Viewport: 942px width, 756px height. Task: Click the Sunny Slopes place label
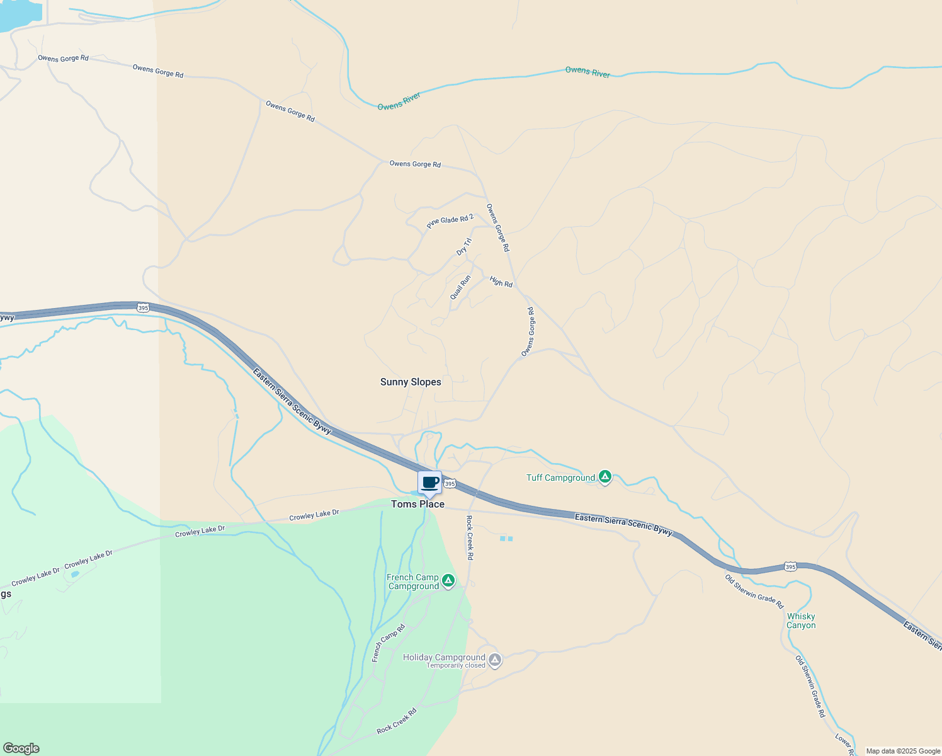tap(411, 382)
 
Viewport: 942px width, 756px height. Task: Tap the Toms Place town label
tap(417, 504)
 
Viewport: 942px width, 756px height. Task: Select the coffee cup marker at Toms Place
tap(430, 483)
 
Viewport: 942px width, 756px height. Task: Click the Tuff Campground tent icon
tap(604, 477)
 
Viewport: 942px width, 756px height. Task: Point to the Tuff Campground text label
tap(560, 478)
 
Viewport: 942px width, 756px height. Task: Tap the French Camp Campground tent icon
tap(448, 581)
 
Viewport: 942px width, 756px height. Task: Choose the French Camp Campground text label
tap(413, 581)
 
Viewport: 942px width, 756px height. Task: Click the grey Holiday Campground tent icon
tap(495, 660)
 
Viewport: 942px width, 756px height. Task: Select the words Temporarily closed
tap(456, 666)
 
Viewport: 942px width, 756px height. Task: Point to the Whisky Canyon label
tap(801, 621)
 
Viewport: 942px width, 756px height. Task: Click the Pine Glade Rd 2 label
tap(450, 221)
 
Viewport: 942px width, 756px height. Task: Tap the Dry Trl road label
tap(463, 247)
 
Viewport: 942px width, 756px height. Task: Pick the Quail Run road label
tap(460, 287)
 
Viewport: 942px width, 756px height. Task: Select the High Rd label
tap(501, 282)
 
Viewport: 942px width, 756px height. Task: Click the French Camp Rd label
tap(389, 643)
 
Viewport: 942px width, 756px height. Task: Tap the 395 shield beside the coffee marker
tap(449, 484)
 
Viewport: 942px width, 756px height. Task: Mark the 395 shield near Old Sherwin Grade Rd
tap(791, 567)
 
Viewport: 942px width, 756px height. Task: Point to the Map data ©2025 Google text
tap(903, 751)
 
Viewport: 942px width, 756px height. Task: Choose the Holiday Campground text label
tap(444, 657)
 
